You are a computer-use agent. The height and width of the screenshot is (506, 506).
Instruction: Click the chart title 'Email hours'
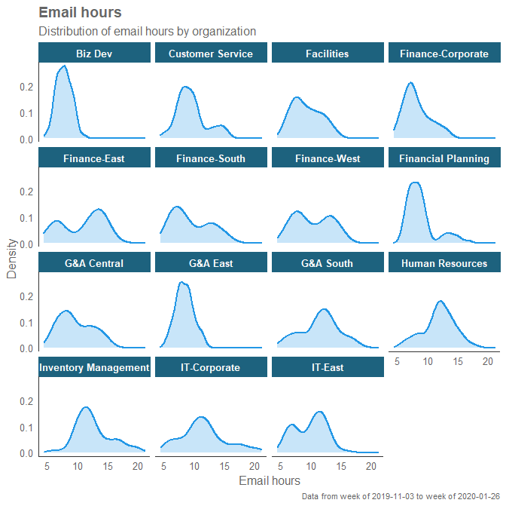[80, 13]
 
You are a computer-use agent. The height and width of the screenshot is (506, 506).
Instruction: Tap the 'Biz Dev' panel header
[94, 54]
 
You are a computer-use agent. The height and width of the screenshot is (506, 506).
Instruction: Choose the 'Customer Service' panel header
[211, 54]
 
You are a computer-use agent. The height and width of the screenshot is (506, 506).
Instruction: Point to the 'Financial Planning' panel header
[444, 158]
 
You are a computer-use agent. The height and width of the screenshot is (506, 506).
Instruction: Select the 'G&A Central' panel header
[94, 263]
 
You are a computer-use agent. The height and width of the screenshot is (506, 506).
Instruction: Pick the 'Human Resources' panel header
[444, 263]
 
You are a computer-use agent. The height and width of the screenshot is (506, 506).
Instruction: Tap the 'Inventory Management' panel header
[94, 367]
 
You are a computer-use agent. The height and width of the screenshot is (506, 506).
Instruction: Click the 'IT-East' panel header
[328, 367]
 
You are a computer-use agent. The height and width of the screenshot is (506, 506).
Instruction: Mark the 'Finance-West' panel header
[328, 158]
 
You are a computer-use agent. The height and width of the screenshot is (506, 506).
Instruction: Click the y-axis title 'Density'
[12, 259]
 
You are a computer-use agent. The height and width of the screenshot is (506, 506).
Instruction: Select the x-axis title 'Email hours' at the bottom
[269, 480]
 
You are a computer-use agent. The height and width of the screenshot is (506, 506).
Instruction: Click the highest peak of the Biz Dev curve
[64, 66]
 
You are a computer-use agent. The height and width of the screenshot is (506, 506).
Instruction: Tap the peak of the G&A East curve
[181, 283]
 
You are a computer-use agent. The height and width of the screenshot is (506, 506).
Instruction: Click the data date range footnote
[401, 497]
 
